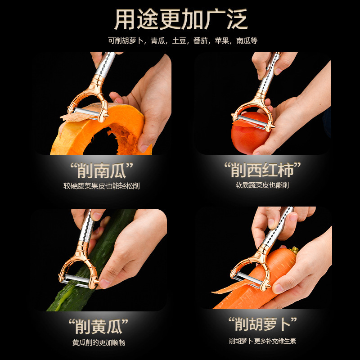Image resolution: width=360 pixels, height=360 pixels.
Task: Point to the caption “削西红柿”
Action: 262,171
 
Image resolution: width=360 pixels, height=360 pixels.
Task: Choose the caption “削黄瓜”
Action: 99,325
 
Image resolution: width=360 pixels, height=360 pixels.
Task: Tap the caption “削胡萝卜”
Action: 262,324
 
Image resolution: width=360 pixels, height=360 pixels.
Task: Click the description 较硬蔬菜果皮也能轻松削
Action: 101,185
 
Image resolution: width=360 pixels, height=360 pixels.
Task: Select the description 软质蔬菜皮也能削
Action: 262,185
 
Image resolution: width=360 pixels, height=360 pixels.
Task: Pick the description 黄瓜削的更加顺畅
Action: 99,342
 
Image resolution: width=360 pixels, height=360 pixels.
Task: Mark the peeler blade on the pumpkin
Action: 85,112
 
